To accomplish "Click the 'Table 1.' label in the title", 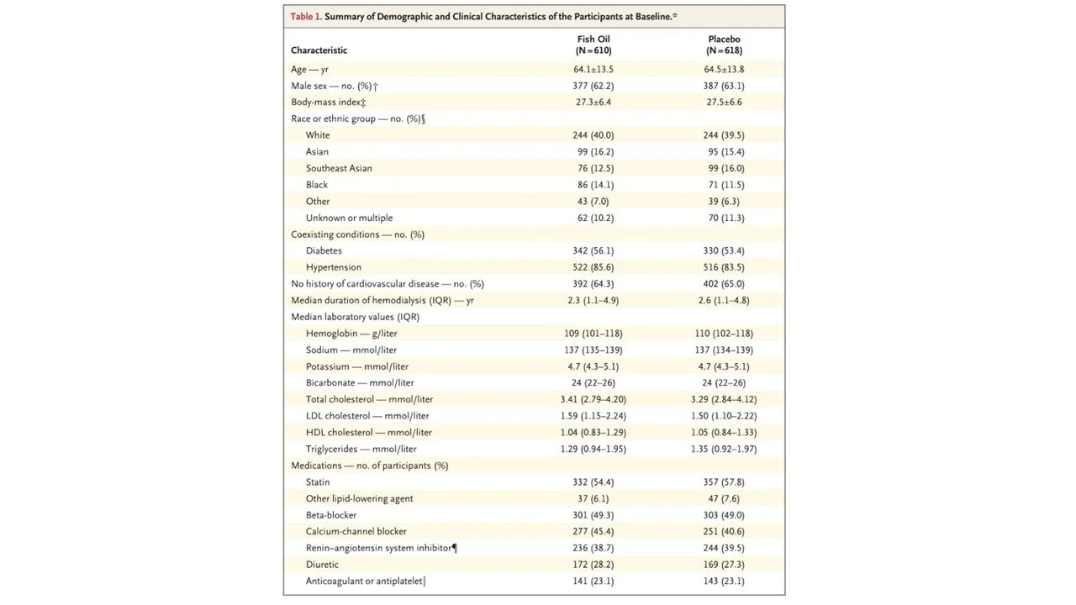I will [306, 17].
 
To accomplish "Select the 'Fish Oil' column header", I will [593, 39].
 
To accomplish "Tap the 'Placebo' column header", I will [724, 39].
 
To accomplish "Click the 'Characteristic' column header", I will [319, 50].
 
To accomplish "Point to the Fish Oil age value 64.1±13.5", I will [593, 69].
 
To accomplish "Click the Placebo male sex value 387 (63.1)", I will [724, 86].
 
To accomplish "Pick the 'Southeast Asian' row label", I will [339, 168].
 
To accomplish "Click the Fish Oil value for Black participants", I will [593, 185].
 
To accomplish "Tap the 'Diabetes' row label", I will [324, 250].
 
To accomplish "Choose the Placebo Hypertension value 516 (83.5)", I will [724, 267].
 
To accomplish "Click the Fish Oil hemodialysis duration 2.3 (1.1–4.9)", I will [593, 300].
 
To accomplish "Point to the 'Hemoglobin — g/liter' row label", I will [351, 334].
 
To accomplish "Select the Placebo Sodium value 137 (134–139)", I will [724, 350].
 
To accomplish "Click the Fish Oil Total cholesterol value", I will [593, 399].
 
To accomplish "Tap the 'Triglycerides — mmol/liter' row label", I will [361, 449].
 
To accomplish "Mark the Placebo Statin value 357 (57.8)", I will [724, 482].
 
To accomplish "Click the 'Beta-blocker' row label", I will [331, 515].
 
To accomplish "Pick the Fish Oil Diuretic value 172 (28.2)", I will [593, 565].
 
